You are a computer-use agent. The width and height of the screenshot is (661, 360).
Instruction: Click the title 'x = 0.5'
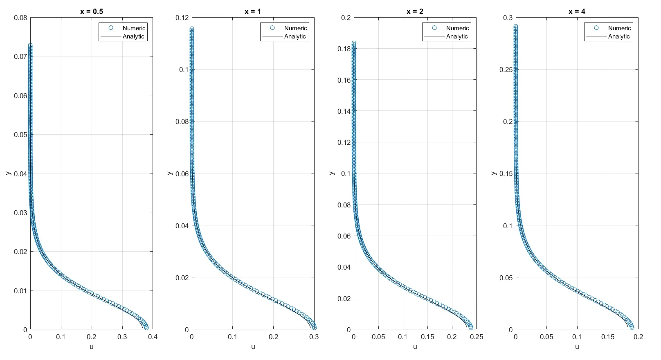92,11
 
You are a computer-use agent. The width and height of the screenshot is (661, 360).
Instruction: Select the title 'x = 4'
577,11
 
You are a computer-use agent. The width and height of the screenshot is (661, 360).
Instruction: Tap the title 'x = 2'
415,11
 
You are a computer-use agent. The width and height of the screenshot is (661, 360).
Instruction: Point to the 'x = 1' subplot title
253,11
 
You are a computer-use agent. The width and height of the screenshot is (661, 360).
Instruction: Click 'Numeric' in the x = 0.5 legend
134,28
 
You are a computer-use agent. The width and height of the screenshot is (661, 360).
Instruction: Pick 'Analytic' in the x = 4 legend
619,36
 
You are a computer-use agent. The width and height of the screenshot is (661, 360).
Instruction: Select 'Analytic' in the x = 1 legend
295,36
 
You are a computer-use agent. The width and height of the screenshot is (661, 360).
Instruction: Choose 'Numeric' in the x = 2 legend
457,28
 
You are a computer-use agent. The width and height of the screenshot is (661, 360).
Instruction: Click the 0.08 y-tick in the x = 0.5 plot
20,18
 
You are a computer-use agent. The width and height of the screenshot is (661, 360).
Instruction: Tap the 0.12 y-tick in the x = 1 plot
182,18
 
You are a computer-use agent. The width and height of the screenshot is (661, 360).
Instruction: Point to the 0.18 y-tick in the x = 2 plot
344,49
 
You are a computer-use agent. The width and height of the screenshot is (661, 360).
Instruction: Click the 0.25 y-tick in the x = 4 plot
506,70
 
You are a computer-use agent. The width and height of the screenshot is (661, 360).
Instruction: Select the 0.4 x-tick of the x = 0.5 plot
153,337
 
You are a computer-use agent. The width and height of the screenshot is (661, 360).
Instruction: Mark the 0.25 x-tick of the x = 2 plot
477,337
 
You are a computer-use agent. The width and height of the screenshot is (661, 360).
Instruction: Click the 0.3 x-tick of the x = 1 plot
314,337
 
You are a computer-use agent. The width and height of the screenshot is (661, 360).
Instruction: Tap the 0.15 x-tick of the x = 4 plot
608,337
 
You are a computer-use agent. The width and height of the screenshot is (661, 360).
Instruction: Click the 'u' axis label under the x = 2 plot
415,347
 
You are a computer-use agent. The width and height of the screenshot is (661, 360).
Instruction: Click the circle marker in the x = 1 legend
272,28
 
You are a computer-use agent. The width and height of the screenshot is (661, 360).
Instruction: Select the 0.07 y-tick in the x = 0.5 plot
20,56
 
